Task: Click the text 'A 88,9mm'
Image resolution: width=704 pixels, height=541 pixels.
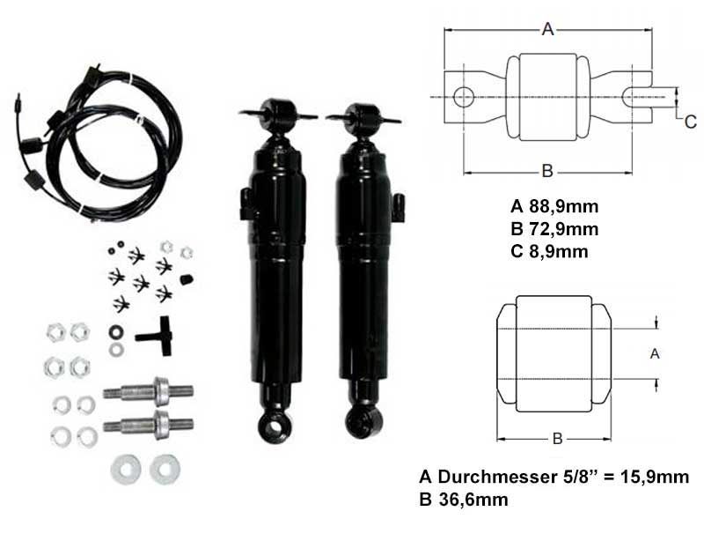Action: [x=554, y=206]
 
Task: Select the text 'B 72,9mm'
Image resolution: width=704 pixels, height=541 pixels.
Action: [x=554, y=229]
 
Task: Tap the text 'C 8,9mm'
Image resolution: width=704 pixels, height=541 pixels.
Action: [x=549, y=251]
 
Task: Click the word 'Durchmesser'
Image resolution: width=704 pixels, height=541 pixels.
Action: [x=497, y=477]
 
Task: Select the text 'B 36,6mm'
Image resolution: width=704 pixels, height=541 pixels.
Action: [x=464, y=500]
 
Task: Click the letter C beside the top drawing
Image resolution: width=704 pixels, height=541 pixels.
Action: [x=691, y=122]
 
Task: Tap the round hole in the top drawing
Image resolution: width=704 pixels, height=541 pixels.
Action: [x=464, y=97]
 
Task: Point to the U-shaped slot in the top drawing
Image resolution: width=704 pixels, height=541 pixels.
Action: [x=636, y=97]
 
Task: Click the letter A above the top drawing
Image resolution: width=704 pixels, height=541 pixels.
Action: [x=547, y=29]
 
